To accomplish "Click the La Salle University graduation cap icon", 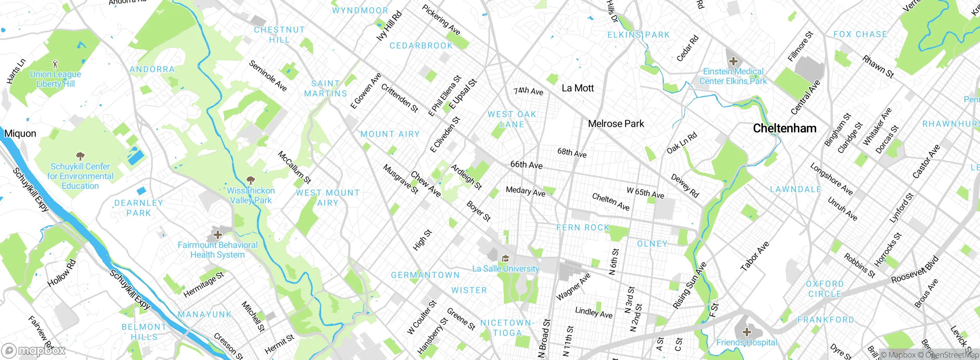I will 505,259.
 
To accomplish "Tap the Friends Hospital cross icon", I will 746,332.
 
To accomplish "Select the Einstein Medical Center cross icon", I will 733,61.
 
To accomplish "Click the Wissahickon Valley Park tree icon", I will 250,180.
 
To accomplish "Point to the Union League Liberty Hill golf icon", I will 55,64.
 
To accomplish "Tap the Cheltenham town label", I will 784,128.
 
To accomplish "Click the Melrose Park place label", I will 616,124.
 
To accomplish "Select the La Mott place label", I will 577,88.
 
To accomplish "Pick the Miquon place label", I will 20,134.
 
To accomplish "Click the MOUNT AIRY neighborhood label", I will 390,134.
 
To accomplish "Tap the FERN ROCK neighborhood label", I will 583,228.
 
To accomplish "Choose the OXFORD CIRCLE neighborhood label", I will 825,289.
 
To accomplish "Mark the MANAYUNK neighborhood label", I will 205,315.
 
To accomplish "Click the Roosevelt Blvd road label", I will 915,270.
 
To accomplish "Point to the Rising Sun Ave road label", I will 689,285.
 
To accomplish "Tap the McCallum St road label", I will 294,167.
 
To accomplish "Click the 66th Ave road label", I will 526,165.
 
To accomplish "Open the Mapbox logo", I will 34,350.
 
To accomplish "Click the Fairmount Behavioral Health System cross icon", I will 217,234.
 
